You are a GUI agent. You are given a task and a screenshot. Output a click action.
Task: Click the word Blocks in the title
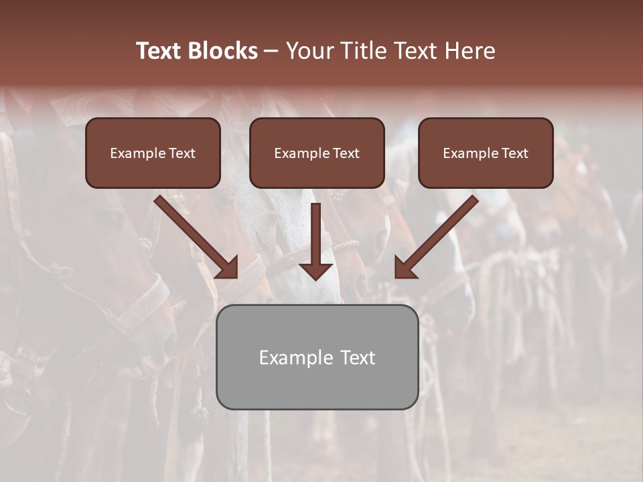pyautogui.click(x=222, y=51)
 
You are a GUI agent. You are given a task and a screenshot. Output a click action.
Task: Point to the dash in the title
pyautogui.click(x=271, y=52)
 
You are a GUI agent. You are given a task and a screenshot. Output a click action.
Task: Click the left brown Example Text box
pyautogui.click(x=153, y=153)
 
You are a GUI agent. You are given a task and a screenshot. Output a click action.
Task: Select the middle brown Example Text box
pyautogui.click(x=317, y=153)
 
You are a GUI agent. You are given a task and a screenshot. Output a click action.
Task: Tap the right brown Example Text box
pyautogui.click(x=486, y=153)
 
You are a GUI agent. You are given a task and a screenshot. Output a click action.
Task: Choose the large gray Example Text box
pyautogui.click(x=317, y=357)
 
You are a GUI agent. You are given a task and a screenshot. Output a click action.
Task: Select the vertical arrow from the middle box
pyautogui.click(x=315, y=234)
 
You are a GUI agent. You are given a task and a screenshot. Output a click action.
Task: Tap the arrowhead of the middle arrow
pyautogui.click(x=315, y=270)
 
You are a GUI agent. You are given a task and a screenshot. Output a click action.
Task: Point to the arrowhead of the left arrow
pyautogui.click(x=228, y=268)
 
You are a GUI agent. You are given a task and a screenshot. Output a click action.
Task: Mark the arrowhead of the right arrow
pyautogui.click(x=405, y=268)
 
